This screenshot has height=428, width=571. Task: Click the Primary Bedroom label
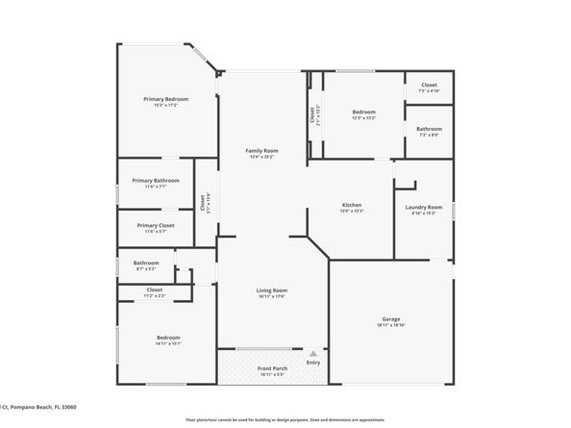point(165,99)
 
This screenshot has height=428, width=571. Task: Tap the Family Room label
point(261,150)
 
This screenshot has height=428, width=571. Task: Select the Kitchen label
point(352,206)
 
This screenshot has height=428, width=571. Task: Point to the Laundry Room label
point(424,207)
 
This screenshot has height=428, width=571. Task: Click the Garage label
point(391,318)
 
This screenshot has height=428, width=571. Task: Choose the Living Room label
point(272,290)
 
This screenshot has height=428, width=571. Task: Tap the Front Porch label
point(272,368)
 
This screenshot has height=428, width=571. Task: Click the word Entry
point(313,362)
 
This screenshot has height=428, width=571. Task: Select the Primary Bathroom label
point(156,181)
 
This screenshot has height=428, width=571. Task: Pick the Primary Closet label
point(155,225)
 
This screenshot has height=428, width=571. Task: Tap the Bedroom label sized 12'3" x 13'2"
point(362,112)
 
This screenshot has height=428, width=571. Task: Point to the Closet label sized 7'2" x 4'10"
point(429,85)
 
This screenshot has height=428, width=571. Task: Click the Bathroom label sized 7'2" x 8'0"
point(429,129)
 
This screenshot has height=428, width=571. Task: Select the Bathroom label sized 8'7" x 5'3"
point(146,263)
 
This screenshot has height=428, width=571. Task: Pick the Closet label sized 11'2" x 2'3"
point(154,290)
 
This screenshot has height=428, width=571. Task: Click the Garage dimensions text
point(391,325)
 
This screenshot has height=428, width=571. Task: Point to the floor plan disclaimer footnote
point(285,420)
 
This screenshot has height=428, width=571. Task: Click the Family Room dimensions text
point(261,157)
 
